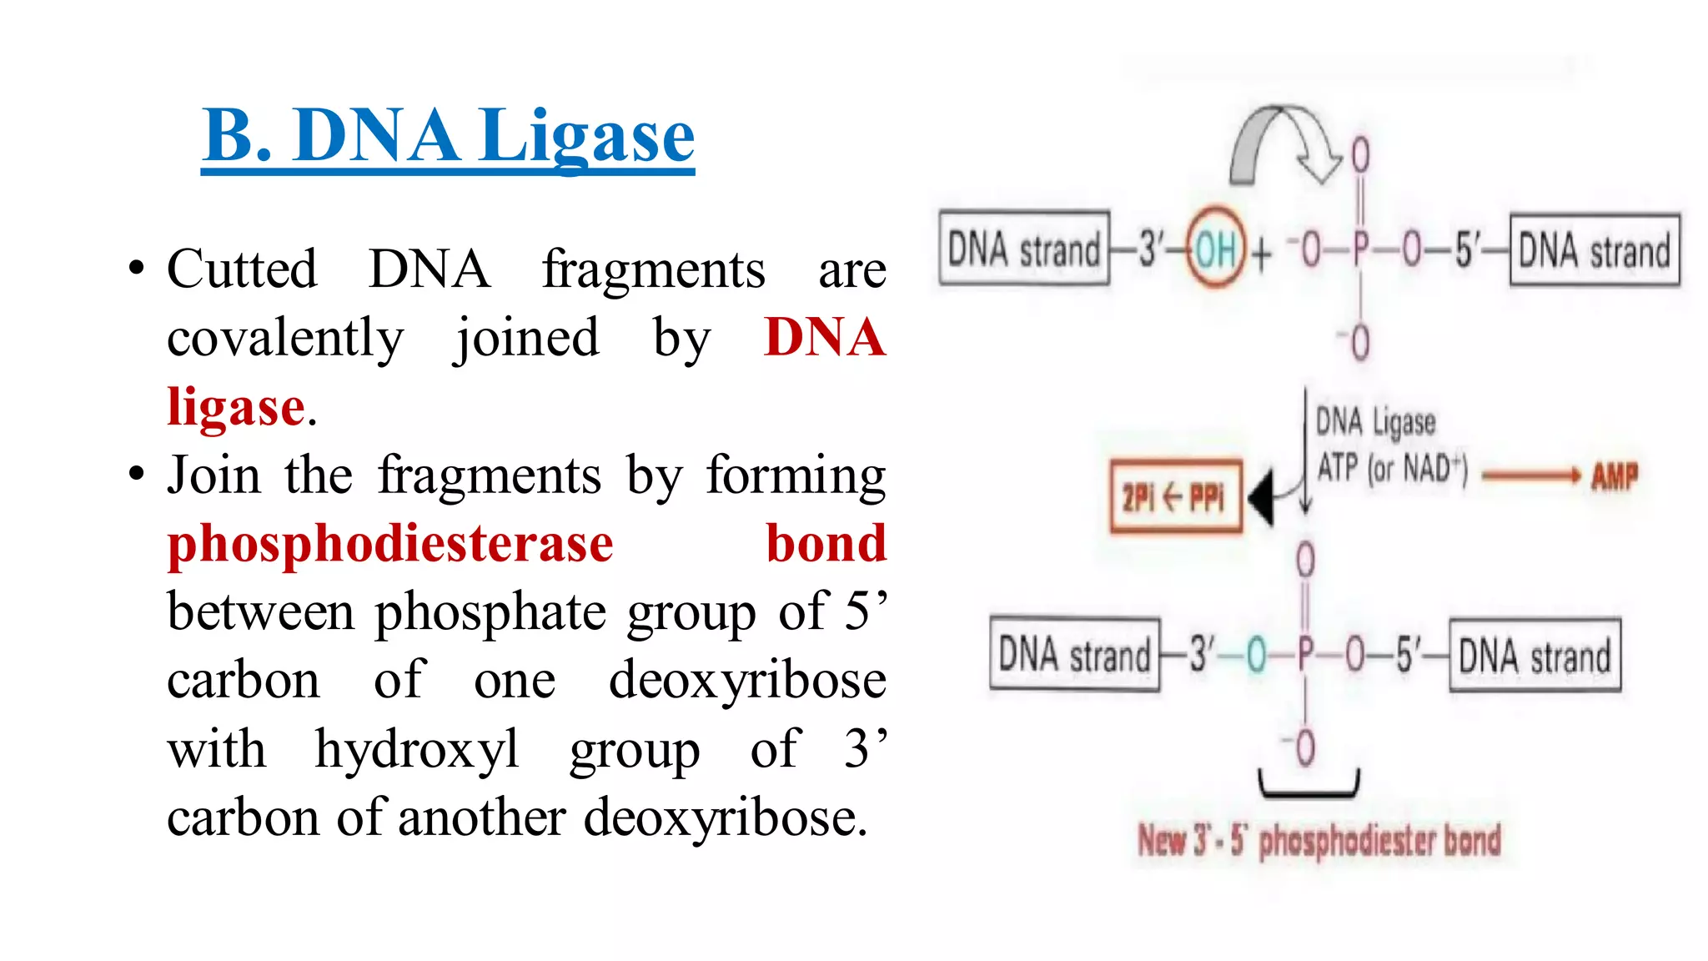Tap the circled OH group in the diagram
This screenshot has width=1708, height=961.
coord(1216,249)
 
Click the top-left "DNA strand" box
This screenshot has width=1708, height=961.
coord(1024,249)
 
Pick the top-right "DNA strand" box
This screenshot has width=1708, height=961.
coord(1594,250)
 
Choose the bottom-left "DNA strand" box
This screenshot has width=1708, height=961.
coord(1074,655)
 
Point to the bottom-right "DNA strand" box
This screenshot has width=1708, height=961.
coord(1535,656)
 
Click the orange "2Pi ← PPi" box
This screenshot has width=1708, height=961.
coord(1175,496)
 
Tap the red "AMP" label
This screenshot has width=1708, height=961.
coord(1615,476)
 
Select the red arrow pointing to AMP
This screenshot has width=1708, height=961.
coord(1531,476)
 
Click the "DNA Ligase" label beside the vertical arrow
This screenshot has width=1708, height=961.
coord(1375,423)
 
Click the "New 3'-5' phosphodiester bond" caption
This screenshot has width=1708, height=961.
coord(1319,841)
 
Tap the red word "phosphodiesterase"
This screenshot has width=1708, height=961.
coord(390,544)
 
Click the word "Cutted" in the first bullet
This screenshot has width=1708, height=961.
coord(242,269)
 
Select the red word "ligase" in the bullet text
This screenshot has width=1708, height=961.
coord(236,407)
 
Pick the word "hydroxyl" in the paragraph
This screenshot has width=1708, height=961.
coord(417,749)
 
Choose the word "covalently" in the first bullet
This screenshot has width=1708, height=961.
coord(285,339)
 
